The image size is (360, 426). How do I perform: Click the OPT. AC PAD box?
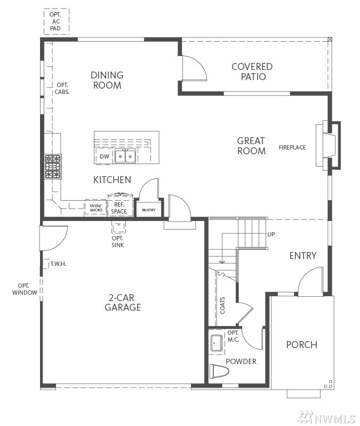[x=57, y=21]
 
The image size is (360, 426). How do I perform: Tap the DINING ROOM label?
[x=107, y=80]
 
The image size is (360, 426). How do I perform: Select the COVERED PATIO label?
[x=252, y=72]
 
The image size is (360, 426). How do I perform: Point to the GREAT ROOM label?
[x=251, y=146]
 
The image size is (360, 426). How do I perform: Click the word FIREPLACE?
[x=292, y=147]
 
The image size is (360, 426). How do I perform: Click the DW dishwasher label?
[x=105, y=156]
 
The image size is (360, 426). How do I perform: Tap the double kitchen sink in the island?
[x=125, y=156]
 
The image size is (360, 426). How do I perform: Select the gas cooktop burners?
[x=53, y=166]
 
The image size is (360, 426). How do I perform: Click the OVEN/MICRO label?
[x=96, y=208]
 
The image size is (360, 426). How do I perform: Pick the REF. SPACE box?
[x=120, y=208]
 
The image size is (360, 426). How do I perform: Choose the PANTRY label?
[x=149, y=210]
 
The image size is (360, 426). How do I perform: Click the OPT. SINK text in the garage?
[x=117, y=241]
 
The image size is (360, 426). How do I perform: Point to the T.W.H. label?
[x=58, y=264]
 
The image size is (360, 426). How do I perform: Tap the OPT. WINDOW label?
[x=25, y=289]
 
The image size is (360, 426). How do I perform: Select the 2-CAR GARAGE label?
[x=123, y=302]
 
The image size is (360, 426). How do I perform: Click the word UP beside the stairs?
[x=271, y=234]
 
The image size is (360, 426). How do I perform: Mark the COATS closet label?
[x=222, y=306]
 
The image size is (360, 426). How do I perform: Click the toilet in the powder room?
[x=219, y=372]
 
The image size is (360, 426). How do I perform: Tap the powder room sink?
[x=217, y=343]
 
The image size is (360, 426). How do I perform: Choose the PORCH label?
[x=302, y=345]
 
